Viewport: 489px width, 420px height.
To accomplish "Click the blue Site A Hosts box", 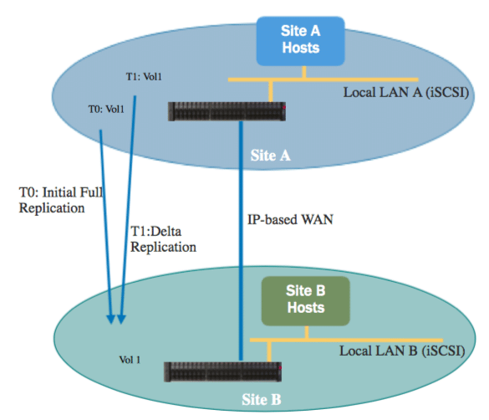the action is (301, 41).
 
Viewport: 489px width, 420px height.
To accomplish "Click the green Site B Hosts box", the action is (306, 301).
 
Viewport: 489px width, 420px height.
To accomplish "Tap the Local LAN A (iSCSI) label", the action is (406, 93).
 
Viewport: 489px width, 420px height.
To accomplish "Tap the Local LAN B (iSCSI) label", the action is (402, 351).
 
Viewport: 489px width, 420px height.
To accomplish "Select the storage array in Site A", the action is (227, 111).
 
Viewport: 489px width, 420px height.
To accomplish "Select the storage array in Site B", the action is (222, 371).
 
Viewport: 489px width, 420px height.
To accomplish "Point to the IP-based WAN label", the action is (290, 220).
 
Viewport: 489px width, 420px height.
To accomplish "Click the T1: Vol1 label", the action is (144, 77).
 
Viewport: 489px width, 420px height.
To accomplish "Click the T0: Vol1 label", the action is (106, 110).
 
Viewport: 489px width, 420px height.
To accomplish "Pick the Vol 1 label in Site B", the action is (130, 360).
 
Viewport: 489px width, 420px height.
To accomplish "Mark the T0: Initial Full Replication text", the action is (61, 200).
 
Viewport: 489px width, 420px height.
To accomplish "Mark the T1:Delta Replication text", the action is (163, 239).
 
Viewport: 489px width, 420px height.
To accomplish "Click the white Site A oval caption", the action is (270, 156).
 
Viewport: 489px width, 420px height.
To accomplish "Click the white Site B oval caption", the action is (262, 399).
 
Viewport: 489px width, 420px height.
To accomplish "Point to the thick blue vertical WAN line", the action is (241, 241).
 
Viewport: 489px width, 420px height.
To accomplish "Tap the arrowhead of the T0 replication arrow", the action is (110, 320).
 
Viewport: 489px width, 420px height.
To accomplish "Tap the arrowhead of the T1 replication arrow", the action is (121, 320).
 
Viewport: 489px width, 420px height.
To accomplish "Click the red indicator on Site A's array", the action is (284, 107).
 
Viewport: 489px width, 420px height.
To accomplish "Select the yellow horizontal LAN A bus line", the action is (323, 79).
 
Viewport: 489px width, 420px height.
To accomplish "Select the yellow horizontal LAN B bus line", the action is (346, 341).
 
